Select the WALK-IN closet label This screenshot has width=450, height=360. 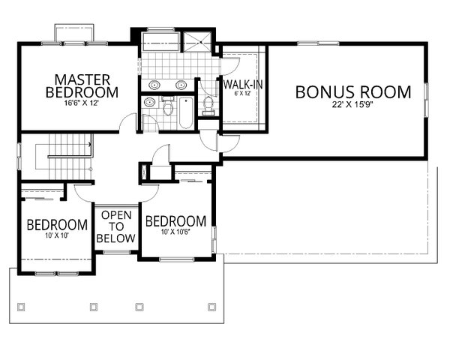[242, 85]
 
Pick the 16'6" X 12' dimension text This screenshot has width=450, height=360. [88, 103]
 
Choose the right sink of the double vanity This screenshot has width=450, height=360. [182, 85]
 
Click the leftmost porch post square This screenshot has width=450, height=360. [20, 306]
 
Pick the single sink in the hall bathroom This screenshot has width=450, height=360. [149, 102]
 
